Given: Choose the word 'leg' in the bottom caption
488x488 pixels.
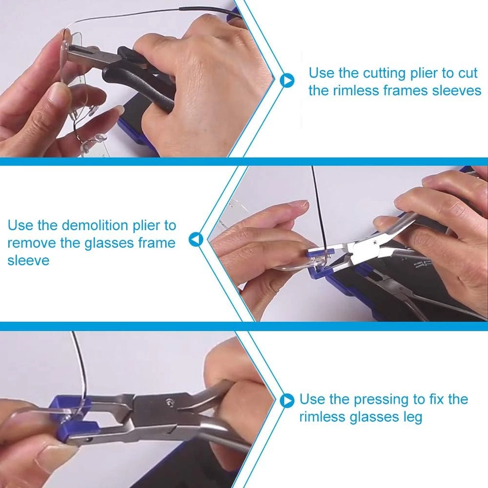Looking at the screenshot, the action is [412, 418].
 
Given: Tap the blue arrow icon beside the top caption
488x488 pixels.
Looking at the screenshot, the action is [287, 81].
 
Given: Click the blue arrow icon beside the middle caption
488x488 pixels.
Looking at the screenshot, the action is [196, 240].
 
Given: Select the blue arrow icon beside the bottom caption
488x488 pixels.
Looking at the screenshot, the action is [287, 401].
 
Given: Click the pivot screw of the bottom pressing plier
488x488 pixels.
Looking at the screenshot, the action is [170, 402].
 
